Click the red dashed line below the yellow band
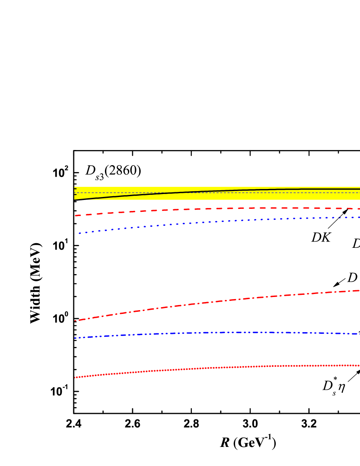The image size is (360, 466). [212, 208]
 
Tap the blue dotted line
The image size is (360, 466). [212, 222]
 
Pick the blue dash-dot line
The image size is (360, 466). [212, 333]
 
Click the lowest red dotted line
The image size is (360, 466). [212, 368]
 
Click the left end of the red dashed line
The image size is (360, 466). [76, 216]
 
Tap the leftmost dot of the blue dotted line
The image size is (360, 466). [80, 233]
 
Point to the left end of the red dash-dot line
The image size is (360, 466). [75, 321]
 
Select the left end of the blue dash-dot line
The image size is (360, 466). [75, 338]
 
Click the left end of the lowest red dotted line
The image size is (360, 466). [75, 377]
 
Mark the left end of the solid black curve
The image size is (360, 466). [75, 199]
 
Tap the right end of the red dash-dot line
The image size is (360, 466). [359, 290]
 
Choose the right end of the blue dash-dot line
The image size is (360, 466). [359, 334]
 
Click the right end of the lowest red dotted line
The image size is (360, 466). [359, 366]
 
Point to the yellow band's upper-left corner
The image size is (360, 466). [75, 187]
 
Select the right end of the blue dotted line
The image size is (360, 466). [359, 217]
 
